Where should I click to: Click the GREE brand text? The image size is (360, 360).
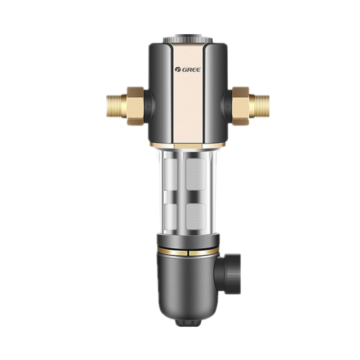(191, 70)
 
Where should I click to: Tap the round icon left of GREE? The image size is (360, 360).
(178, 70)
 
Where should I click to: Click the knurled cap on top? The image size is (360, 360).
(188, 39)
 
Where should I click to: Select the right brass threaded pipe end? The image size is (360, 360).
(259, 106)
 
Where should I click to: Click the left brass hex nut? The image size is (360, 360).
(135, 106)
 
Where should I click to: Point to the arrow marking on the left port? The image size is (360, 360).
(148, 107)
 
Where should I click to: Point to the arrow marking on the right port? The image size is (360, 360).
(228, 107)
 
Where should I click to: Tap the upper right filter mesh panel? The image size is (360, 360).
(196, 174)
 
